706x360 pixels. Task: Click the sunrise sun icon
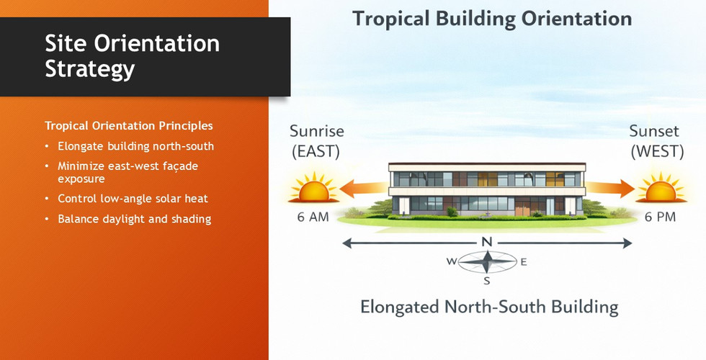(x=313, y=187)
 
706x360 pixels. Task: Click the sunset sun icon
(x=661, y=187)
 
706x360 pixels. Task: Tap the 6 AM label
(x=313, y=217)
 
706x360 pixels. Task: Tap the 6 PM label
(x=660, y=217)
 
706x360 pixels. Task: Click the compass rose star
(x=487, y=262)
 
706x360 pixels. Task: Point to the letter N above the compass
(x=487, y=243)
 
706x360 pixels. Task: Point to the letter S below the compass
(x=487, y=282)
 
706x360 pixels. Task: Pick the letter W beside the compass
(x=451, y=261)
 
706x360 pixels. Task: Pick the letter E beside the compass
(x=524, y=262)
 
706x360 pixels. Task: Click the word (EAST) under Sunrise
(x=316, y=151)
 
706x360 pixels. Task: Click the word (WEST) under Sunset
(x=657, y=151)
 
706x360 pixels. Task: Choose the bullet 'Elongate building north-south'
(x=135, y=146)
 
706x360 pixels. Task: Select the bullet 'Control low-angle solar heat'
(x=133, y=199)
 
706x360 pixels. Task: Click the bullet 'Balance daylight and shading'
(x=134, y=219)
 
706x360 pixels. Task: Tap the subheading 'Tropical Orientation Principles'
(x=129, y=125)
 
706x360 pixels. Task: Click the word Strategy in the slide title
(x=90, y=69)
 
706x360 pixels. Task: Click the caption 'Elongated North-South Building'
(x=489, y=307)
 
